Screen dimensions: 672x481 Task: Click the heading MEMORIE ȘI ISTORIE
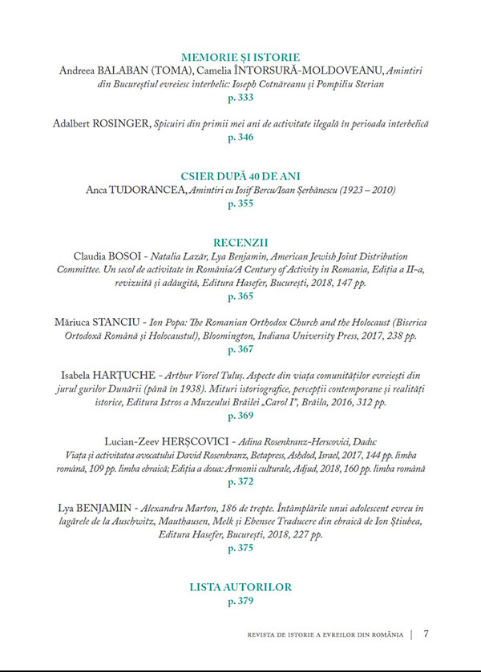(240, 57)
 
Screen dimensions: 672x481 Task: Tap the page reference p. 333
(240, 98)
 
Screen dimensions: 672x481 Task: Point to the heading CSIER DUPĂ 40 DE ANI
(240, 176)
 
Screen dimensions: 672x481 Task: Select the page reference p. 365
(240, 296)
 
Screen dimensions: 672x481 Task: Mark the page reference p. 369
(240, 416)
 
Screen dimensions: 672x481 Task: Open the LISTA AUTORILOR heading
(240, 587)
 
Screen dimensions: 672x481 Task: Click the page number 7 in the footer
(426, 634)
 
